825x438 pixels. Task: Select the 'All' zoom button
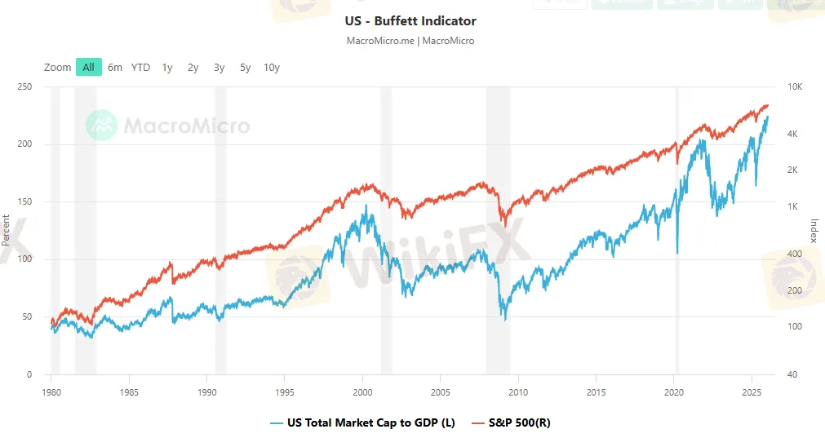[x=88, y=68]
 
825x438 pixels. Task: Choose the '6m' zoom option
[x=115, y=68]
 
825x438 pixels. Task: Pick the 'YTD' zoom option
[x=141, y=68]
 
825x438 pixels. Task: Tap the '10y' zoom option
[x=272, y=68]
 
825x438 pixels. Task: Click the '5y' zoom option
[x=246, y=68]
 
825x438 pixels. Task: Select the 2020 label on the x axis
[x=674, y=392]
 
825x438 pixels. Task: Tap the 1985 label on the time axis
[x=129, y=392]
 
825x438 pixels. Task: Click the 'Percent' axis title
[x=7, y=230]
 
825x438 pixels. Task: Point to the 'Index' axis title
[x=814, y=230]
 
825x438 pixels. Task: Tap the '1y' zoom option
[x=167, y=68]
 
